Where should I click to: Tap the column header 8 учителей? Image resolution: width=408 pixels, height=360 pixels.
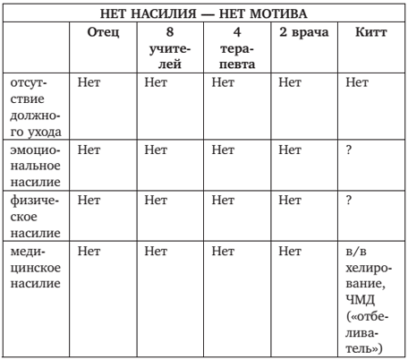[169, 47]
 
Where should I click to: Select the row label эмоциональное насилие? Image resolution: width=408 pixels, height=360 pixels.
[37, 167]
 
